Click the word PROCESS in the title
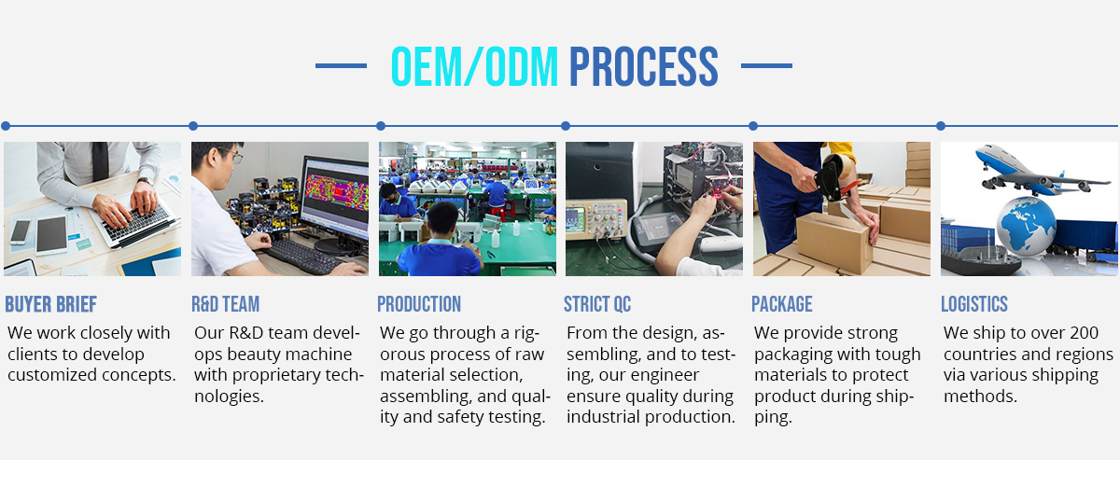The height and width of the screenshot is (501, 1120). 643,66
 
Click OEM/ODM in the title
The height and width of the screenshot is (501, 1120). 474,66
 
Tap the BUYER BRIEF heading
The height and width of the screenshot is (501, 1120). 51,304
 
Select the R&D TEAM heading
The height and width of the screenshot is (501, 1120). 226,304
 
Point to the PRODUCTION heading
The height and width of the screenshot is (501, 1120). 419,304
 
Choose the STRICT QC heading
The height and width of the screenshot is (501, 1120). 597,304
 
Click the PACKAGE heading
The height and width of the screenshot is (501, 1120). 782,304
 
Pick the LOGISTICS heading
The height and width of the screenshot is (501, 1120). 974,304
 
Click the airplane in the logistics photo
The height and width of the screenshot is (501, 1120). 1040,171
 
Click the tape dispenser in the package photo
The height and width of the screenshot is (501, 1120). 836,177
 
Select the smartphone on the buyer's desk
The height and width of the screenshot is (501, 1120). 20,232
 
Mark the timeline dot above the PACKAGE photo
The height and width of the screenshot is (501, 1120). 753,126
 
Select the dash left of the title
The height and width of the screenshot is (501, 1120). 341,65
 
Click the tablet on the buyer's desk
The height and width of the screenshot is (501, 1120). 51,235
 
